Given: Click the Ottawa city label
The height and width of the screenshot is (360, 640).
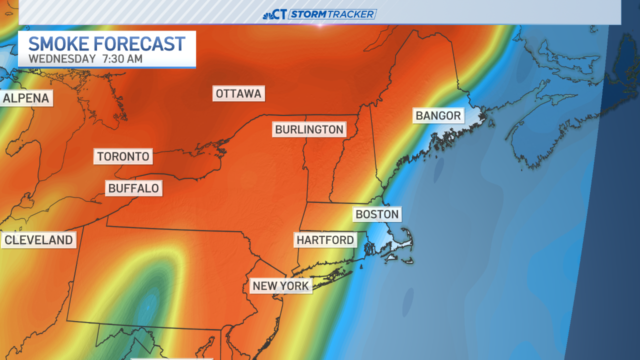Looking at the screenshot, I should click(x=238, y=93).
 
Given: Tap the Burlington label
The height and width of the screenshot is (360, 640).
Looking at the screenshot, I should click(x=309, y=129).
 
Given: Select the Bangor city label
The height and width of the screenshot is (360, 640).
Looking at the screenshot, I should click(x=438, y=115).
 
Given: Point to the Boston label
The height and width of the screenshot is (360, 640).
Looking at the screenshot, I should click(x=377, y=214).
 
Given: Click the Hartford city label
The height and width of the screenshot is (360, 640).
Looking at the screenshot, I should click(x=325, y=240).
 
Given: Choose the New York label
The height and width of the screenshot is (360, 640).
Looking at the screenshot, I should click(x=281, y=286).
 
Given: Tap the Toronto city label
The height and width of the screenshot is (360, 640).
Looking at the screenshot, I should click(x=123, y=156).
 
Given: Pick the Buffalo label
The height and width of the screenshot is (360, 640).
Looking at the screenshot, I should click(x=133, y=188).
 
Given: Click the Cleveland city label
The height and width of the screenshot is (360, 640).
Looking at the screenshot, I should click(x=38, y=240).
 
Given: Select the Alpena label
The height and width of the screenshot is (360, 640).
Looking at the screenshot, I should click(x=26, y=98).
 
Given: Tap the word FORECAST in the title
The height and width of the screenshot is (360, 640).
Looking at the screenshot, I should click(x=140, y=44).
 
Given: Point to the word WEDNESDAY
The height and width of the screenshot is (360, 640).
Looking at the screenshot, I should click(x=62, y=58).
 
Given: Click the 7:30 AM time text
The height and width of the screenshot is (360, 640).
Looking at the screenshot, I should click(x=122, y=58).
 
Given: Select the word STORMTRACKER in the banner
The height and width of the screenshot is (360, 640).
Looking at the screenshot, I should click(x=332, y=14).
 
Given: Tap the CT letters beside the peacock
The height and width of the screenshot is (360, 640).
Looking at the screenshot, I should click(x=280, y=14).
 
